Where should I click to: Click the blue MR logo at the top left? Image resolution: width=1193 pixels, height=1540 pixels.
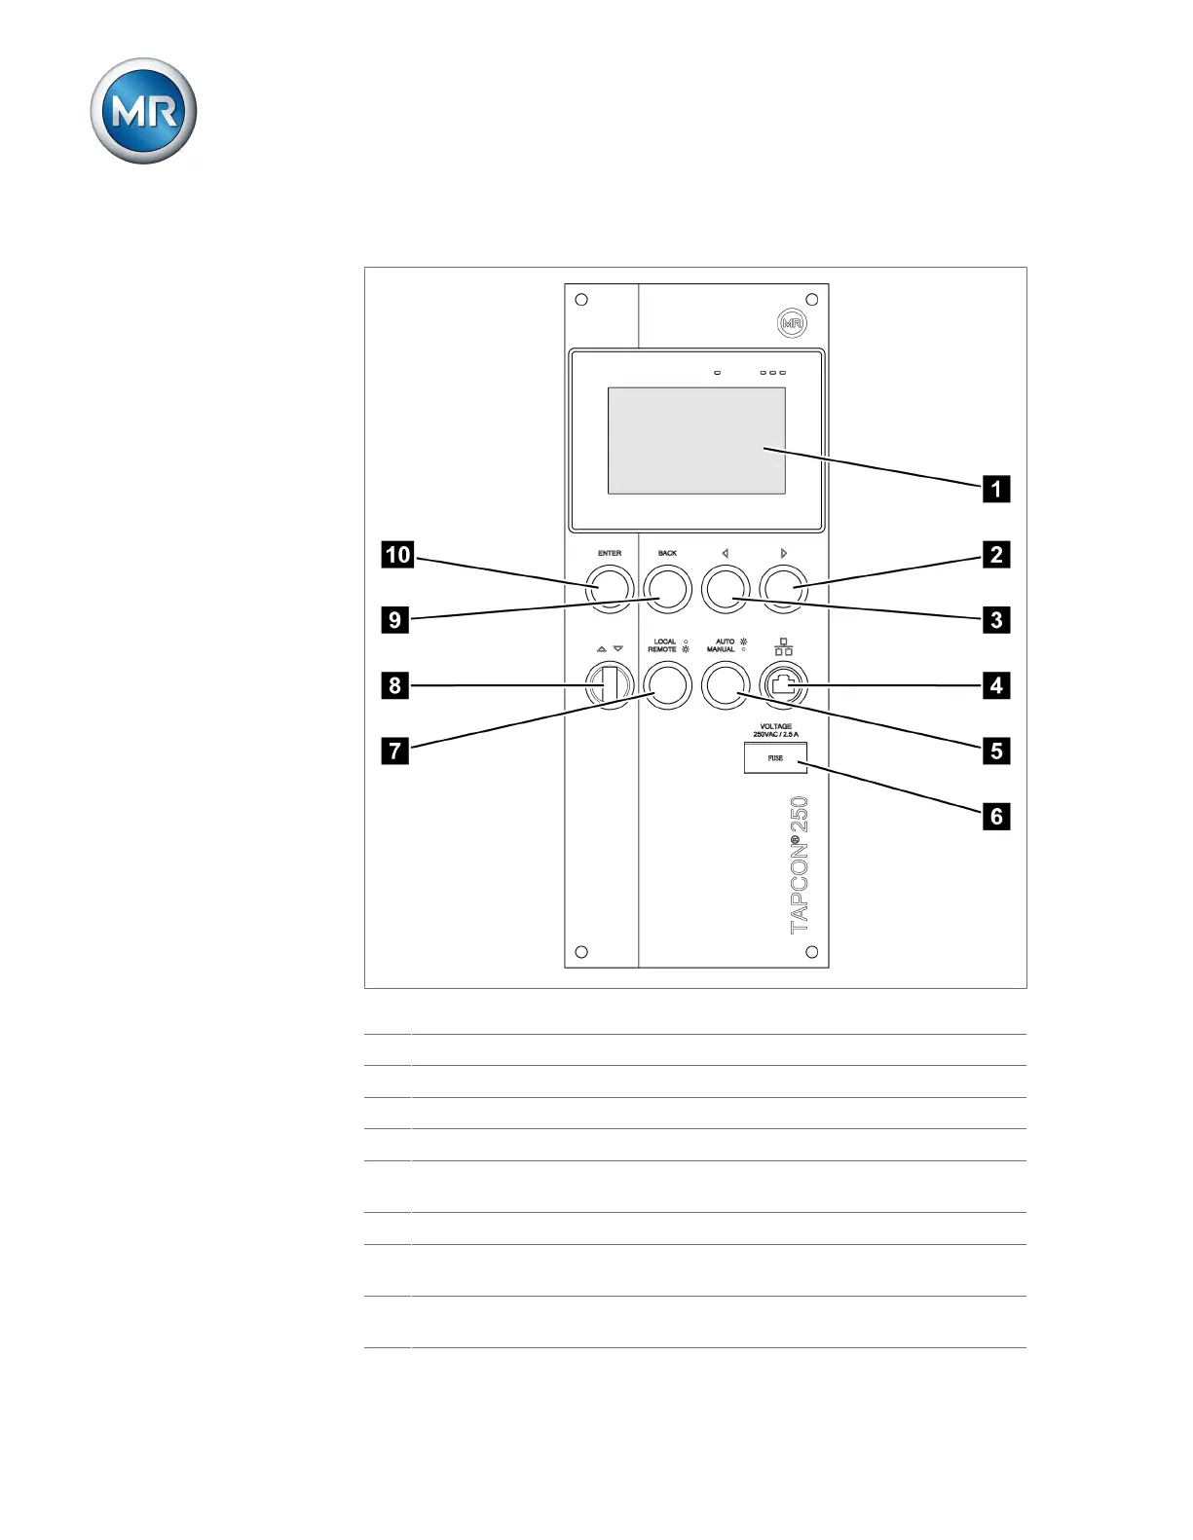click(143, 111)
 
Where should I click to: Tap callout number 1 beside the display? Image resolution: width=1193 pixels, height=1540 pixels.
click(995, 489)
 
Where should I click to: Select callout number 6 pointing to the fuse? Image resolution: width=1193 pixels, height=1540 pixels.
click(995, 816)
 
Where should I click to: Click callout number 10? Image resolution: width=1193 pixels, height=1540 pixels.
click(397, 555)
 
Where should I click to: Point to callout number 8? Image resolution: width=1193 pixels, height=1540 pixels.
click(394, 685)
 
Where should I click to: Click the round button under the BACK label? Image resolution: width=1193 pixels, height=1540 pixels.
click(667, 589)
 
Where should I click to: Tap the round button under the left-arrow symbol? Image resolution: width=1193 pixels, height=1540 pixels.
click(726, 589)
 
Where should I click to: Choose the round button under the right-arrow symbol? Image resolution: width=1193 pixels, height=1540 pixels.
click(784, 589)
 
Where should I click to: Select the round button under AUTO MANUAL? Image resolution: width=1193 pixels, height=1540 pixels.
click(726, 685)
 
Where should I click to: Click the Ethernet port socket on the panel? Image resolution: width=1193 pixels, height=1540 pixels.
click(784, 685)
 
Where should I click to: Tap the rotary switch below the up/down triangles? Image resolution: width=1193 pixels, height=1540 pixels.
click(609, 685)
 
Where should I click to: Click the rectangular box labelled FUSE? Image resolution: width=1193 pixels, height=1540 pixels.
click(775, 757)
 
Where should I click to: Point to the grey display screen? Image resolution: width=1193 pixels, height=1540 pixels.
click(696, 440)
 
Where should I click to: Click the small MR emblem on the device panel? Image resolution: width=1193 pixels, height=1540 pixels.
click(792, 323)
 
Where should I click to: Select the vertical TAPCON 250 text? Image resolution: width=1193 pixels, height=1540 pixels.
click(800, 864)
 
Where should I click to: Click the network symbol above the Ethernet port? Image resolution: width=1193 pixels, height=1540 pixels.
click(783, 646)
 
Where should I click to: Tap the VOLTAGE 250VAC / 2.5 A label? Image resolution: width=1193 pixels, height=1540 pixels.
click(775, 730)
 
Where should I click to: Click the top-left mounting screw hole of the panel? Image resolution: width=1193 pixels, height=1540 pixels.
click(581, 300)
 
